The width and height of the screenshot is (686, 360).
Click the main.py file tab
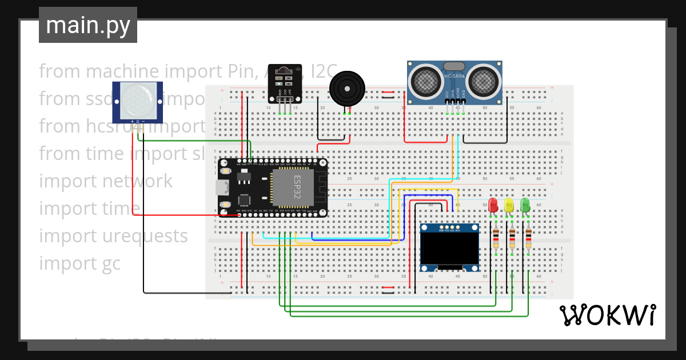[x=87, y=25]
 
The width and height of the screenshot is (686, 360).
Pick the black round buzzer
[x=346, y=89]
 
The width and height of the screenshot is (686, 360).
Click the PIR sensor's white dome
[x=137, y=99]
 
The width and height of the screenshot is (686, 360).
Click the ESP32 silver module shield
[x=293, y=187]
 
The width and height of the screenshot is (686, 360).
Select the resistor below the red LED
[x=496, y=239]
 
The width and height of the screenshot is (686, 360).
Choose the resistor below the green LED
[x=528, y=239]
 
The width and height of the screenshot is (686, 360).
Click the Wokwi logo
[x=607, y=315]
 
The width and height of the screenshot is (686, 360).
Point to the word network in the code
[x=137, y=181]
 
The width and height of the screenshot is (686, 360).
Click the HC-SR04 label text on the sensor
[x=455, y=76]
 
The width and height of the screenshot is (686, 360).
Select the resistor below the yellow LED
[x=512, y=239]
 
